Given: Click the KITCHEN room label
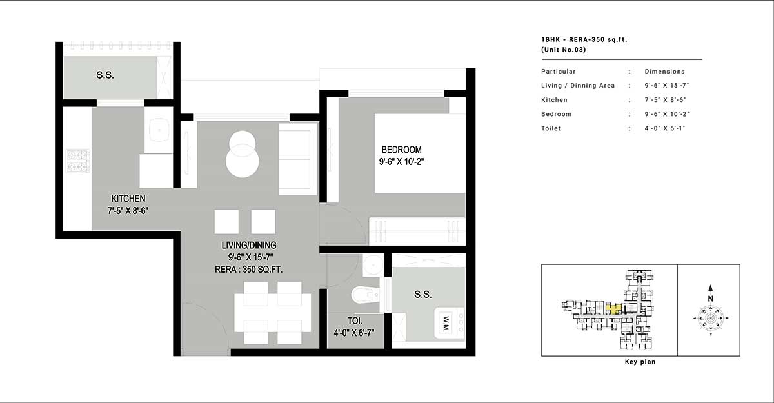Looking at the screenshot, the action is (x=128, y=199).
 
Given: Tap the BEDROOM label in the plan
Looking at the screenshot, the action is (x=401, y=150).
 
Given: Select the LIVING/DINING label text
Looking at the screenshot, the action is (x=249, y=245).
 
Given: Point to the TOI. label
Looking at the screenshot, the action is (x=355, y=321).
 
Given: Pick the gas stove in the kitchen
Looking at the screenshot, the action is (x=78, y=161).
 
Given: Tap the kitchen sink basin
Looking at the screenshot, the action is (x=159, y=130).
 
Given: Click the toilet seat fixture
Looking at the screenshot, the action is (x=365, y=295).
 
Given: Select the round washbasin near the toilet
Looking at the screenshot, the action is (x=373, y=264).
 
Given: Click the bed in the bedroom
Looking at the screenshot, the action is (x=420, y=153).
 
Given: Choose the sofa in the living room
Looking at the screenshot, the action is (x=298, y=159).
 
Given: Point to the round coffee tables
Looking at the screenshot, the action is (x=243, y=154).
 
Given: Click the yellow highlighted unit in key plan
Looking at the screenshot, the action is (x=613, y=309).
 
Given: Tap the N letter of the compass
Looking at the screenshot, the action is (x=710, y=299).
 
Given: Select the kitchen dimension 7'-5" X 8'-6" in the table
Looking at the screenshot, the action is (x=665, y=100).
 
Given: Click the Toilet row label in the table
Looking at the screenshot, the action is (x=551, y=128).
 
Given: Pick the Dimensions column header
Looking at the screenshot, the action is (x=664, y=72).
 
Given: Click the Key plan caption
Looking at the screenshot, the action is (x=640, y=362).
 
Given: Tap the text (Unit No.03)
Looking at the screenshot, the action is (x=564, y=50).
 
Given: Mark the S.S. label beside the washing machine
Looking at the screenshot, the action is (x=423, y=294).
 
